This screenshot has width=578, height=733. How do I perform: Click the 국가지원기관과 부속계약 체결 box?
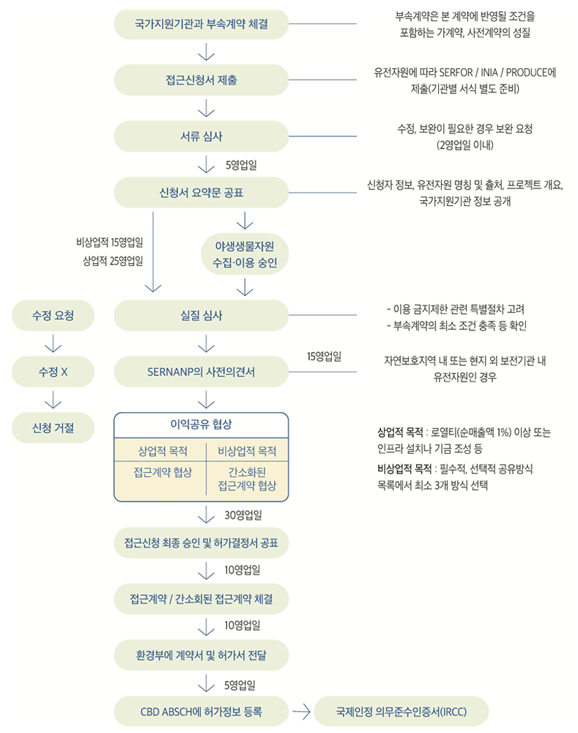point(201,24)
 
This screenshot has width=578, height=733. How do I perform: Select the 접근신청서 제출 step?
point(201,80)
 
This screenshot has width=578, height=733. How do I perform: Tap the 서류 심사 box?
point(201,136)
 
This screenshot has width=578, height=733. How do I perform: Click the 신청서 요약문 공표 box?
point(201,192)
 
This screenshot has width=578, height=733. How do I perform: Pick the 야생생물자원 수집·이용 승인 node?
point(245,254)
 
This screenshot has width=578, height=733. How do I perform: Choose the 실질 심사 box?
point(201,315)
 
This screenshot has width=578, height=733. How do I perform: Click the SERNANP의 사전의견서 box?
point(201,372)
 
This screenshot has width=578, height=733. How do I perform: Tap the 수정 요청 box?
point(53,315)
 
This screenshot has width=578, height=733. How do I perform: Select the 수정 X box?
point(53,372)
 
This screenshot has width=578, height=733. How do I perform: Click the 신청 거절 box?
point(53,428)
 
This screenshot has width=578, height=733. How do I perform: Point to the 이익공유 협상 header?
point(201,424)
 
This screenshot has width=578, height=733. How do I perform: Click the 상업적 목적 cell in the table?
point(163,451)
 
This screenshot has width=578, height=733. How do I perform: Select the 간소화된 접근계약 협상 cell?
point(247,479)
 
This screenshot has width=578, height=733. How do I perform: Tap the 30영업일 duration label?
point(243,515)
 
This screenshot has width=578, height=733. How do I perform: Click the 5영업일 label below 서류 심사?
point(241,165)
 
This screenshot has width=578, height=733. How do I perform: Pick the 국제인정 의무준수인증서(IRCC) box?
point(401,712)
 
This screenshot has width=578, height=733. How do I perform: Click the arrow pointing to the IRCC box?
point(301,712)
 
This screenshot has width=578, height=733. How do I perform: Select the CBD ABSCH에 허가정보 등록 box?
point(201,712)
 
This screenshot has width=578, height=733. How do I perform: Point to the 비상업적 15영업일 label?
point(110,242)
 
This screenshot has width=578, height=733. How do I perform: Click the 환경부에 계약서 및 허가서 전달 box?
point(201,655)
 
